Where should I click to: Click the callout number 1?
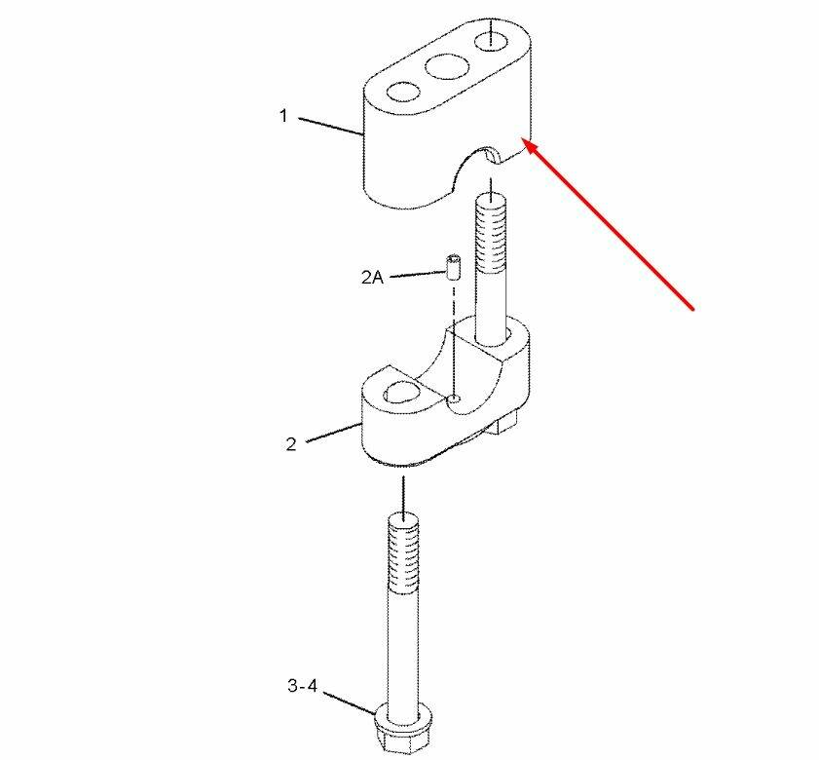point(283,116)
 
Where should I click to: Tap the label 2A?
point(372,277)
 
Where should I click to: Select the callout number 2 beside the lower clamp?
point(291,443)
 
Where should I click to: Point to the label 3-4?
point(303,685)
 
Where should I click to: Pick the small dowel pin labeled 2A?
point(454,267)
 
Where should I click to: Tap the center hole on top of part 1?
point(447,66)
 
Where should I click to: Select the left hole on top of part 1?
point(403,92)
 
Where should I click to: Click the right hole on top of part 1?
point(491,41)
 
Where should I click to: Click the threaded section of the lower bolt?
point(403,553)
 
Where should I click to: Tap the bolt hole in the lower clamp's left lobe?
point(401,392)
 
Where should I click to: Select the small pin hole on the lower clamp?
point(455,399)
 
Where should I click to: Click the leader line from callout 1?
point(331,127)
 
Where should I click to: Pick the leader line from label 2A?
point(418,274)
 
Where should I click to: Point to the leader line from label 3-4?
point(350,703)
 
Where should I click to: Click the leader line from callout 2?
point(333,433)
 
